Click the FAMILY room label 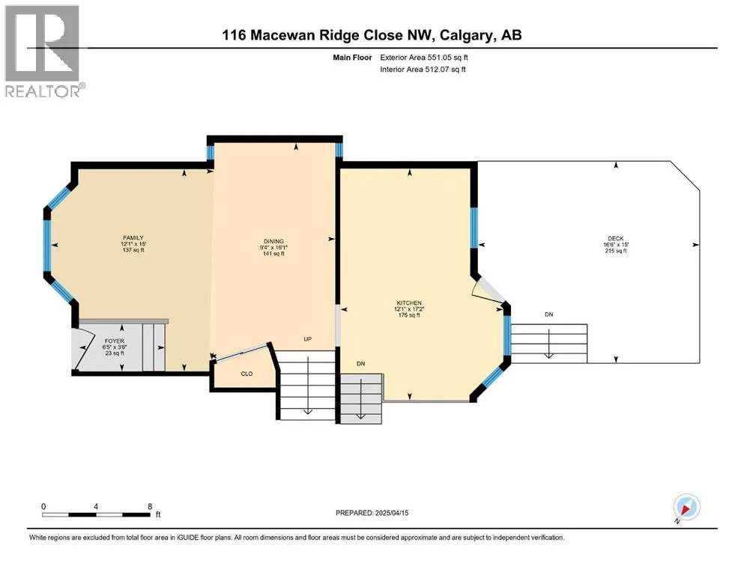[x=133, y=237]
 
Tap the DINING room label [x=273, y=241]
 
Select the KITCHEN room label [x=409, y=303]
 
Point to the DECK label [x=616, y=238]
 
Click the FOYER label [x=115, y=341]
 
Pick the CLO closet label [x=247, y=374]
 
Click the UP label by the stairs [x=307, y=339]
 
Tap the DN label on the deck [x=549, y=314]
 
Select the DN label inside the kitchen [x=360, y=364]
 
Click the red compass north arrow [x=686, y=509]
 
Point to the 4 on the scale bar [x=96, y=506]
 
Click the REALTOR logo [x=43, y=51]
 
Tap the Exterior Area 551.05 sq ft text [x=424, y=58]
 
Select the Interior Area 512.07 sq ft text [x=423, y=69]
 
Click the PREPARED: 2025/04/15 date [x=372, y=513]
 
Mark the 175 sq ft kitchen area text [x=409, y=315]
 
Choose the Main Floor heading [x=352, y=58]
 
